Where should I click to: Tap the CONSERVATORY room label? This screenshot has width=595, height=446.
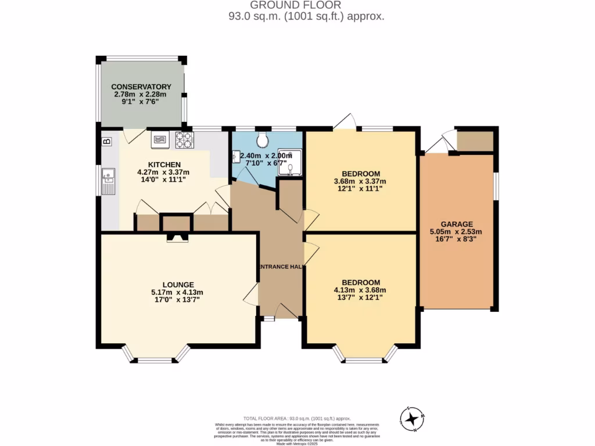pyautogui.click(x=141, y=87)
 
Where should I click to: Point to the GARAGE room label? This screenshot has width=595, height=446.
pyautogui.click(x=456, y=224)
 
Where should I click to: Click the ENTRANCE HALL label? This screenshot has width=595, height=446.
pyautogui.click(x=280, y=267)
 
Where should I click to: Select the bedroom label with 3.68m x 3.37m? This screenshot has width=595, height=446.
pyautogui.click(x=360, y=174)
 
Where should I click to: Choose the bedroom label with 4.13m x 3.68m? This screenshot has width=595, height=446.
pyautogui.click(x=360, y=282)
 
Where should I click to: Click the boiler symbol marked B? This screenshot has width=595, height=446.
pyautogui.click(x=107, y=141)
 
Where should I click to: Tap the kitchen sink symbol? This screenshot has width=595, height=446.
pyautogui.click(x=107, y=179)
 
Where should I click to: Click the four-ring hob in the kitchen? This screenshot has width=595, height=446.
pyautogui.click(x=185, y=139)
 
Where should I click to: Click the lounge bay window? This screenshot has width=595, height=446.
pyautogui.click(x=155, y=356)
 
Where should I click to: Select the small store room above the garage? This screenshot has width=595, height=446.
pyautogui.click(x=475, y=140)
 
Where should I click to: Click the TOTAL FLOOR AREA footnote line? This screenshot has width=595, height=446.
pyautogui.click(x=297, y=418)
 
